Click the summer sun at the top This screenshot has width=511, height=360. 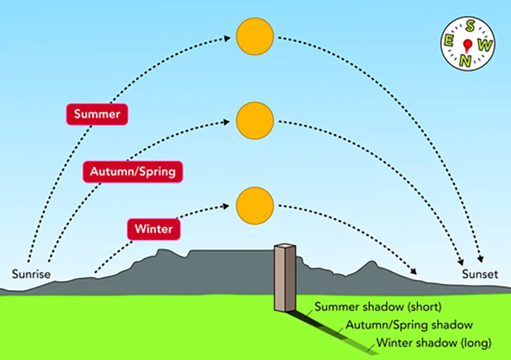click(255, 35)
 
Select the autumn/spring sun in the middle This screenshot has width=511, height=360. click(255, 120)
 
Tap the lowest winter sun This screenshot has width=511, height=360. click(255, 204)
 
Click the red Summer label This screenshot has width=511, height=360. click(97, 114)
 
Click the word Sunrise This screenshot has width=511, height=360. click(31, 274)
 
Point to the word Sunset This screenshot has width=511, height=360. click(480, 274)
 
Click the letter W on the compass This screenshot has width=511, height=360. click(487, 45)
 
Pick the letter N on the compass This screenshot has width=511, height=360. click(465, 60)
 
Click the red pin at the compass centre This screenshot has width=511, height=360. click(469, 42)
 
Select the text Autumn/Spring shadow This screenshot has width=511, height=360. click(409, 325)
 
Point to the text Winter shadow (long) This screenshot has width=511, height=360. click(433, 343)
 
